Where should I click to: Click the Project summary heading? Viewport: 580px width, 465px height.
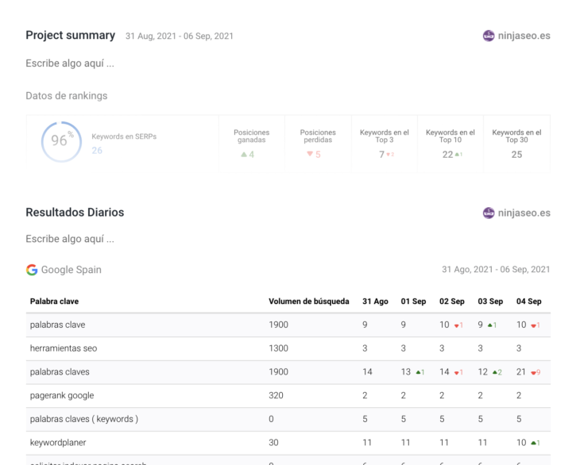pos(70,36)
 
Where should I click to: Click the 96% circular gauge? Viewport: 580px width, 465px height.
pos(61,141)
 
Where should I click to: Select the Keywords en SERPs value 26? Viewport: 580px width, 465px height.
pos(97,150)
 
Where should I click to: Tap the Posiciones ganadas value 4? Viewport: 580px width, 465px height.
pos(251,155)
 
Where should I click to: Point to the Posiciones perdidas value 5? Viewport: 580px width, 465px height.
pos(317,155)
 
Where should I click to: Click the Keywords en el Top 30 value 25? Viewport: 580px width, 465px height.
pos(516,155)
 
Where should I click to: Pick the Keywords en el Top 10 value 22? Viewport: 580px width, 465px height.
pos(448,155)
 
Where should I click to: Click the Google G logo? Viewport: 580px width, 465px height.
pos(32,270)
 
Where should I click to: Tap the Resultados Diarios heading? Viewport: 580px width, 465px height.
pos(75,213)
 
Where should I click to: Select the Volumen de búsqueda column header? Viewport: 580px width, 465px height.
pos(308,302)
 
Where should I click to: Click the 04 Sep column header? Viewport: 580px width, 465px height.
pos(528,302)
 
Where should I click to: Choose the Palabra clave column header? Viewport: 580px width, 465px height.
pos(54,302)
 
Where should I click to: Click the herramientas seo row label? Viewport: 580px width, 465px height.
pos(64,348)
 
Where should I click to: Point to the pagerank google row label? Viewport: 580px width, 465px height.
pos(62,395)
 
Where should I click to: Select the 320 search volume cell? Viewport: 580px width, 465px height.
pos(276,395)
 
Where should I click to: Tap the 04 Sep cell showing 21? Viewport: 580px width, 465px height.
pos(521,372)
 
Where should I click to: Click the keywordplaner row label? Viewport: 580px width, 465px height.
pos(58,443)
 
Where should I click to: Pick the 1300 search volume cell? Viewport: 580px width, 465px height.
pos(278,348)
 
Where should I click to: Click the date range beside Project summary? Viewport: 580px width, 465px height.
pos(180,37)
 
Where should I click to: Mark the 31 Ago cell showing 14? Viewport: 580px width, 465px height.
pos(367,372)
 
